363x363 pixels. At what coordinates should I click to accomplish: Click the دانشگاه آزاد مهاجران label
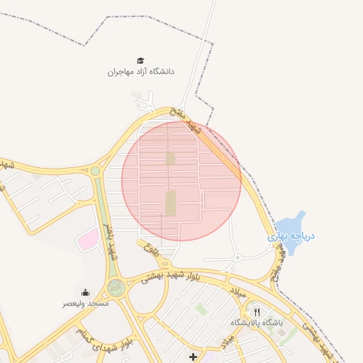pos(140,72)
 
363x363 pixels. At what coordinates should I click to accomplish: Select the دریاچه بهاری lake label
pos(291,235)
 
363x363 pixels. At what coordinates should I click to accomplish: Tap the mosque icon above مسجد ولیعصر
pos(86,292)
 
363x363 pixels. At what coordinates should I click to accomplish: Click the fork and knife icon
pos(257,311)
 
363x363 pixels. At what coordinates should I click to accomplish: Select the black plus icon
pos(193,356)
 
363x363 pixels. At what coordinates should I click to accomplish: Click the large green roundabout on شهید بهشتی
pos(116,287)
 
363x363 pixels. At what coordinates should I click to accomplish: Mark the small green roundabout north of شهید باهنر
pos(95,171)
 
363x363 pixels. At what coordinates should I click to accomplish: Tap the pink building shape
pos(88,239)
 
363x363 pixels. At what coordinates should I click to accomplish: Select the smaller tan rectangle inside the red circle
pos(170,158)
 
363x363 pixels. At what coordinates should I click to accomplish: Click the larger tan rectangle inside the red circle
pos(170,203)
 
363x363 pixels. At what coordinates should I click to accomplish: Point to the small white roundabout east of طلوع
pos(238,257)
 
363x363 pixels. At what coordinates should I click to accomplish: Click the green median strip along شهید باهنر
pos(105,213)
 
